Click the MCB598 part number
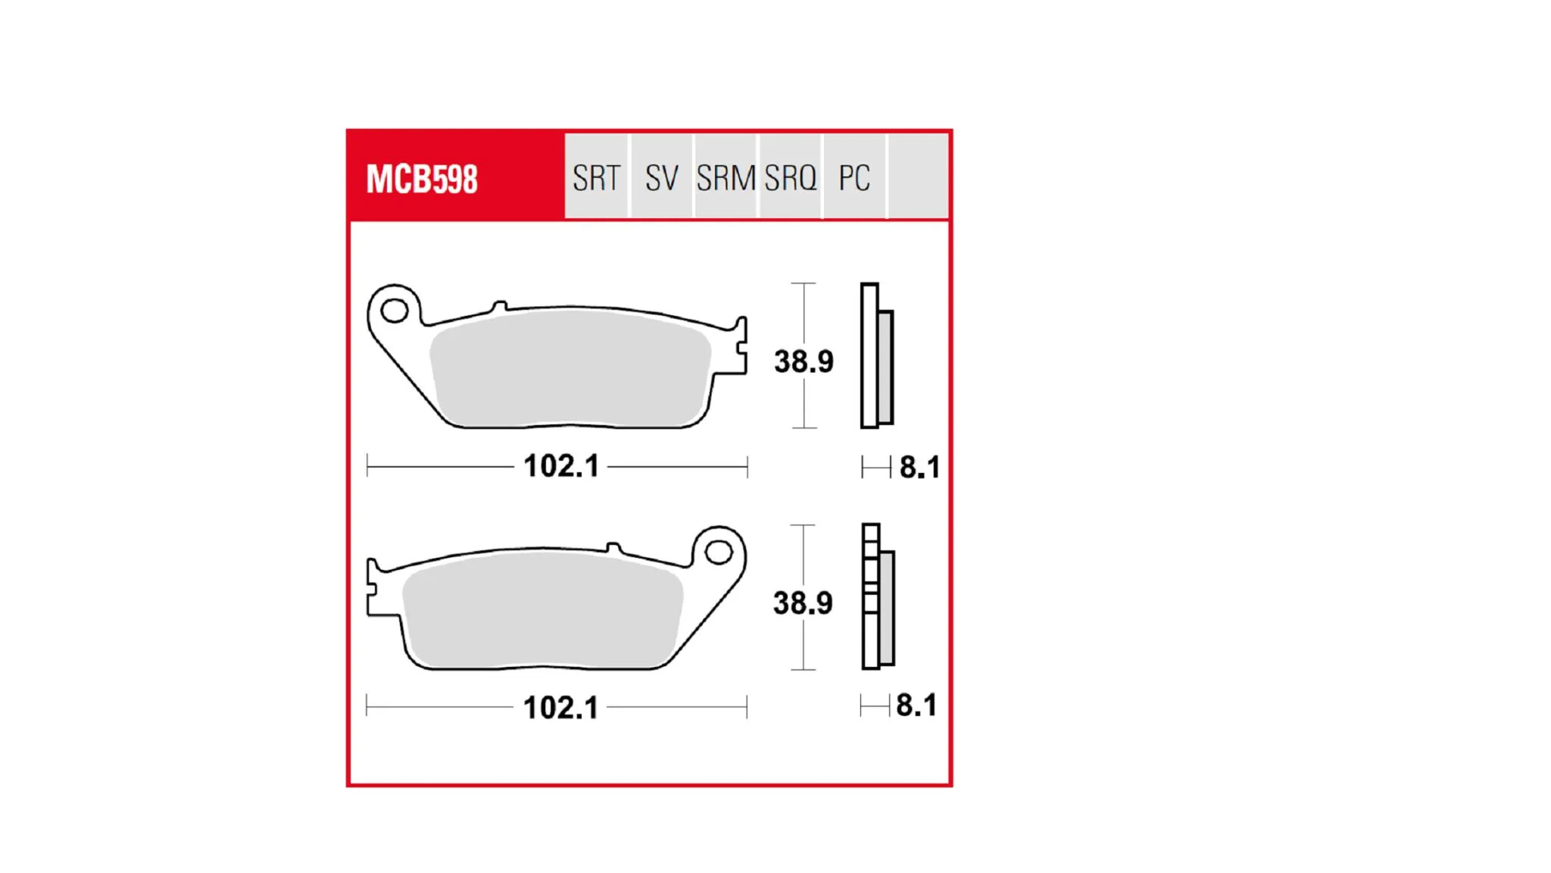pyautogui.click(x=422, y=180)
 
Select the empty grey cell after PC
pyautogui.click(x=918, y=177)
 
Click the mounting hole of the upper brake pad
pyautogui.click(x=395, y=310)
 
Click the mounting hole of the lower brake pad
pyautogui.click(x=719, y=552)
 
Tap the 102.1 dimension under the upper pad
pyautogui.click(x=561, y=466)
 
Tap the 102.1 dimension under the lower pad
pyautogui.click(x=560, y=708)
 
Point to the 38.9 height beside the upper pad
pyautogui.click(x=804, y=361)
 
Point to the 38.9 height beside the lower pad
pyautogui.click(x=803, y=603)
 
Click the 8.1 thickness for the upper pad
pyautogui.click(x=919, y=468)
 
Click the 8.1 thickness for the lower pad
pyautogui.click(x=916, y=706)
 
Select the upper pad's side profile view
pyautogui.click(x=876, y=356)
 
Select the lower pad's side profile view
pyautogui.click(x=878, y=597)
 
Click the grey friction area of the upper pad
pyautogui.click(x=568, y=368)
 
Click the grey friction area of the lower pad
pyautogui.click(x=541, y=610)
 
